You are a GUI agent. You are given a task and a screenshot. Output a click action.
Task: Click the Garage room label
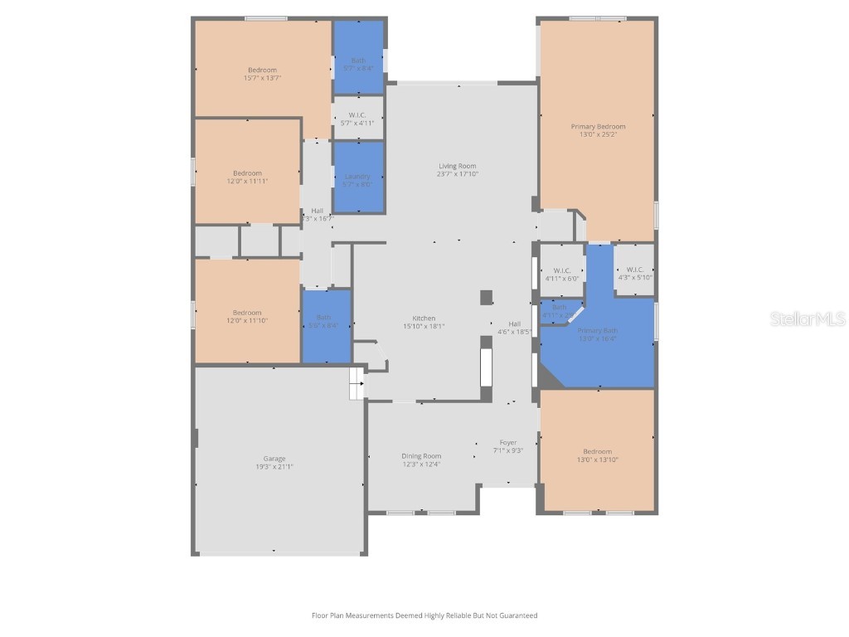[x=274, y=462]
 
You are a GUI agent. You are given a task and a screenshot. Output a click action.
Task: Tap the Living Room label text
[x=458, y=170]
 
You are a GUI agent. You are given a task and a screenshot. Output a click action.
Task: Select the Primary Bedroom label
[x=598, y=130]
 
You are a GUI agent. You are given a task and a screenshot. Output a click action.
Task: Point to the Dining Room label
[x=421, y=460]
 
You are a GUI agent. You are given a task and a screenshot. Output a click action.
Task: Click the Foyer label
[x=508, y=446]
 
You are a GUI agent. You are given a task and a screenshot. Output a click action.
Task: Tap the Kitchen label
[x=424, y=322]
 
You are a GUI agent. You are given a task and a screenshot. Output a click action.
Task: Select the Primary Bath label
[x=597, y=333]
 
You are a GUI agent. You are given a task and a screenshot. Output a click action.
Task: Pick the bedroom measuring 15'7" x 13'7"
[x=262, y=74]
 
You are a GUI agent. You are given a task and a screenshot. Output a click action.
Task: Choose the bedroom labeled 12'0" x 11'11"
[x=247, y=177]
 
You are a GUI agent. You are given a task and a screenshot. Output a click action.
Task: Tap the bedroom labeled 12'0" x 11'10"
[x=247, y=316]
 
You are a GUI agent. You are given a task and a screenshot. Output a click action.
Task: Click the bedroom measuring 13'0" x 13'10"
[x=597, y=455]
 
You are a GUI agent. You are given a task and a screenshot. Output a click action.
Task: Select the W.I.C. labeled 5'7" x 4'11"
[x=357, y=119]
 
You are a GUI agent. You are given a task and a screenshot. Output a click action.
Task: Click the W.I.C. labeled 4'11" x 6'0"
[x=561, y=274]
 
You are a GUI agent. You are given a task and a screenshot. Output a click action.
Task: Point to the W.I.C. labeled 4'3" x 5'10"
[x=635, y=273]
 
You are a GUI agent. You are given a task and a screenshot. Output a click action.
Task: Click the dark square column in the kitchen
[x=487, y=297]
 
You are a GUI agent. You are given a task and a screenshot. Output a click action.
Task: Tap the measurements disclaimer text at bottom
[x=424, y=615]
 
